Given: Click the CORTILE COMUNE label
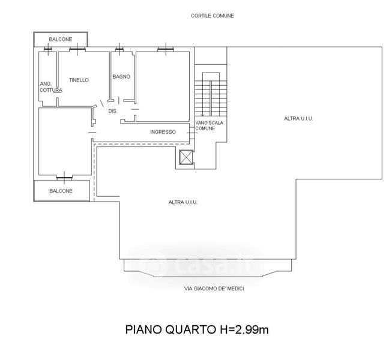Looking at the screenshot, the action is (213, 16).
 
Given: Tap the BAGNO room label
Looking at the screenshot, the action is (121, 77).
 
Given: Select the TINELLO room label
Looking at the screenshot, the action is (79, 80).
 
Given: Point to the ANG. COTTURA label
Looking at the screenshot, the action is (51, 87).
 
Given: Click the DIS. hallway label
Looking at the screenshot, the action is (113, 111).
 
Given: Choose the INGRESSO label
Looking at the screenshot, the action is (163, 132).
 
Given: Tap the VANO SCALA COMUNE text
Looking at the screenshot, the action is (209, 125).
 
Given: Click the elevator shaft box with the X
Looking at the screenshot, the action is (186, 158).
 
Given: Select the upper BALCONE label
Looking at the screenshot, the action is (61, 39).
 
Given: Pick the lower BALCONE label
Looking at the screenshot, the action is (61, 191).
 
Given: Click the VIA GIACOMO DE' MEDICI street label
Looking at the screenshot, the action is (214, 289).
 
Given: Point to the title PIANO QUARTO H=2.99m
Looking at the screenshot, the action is (197, 329).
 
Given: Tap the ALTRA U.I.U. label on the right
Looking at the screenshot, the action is (298, 118).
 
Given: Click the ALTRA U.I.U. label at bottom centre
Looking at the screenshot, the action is (183, 202).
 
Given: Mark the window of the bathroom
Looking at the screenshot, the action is (119, 49).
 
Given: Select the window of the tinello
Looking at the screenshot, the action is (77, 49).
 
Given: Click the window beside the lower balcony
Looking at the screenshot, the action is (64, 178).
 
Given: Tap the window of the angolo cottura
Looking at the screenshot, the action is (47, 49).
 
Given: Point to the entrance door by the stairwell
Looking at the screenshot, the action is (192, 133).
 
